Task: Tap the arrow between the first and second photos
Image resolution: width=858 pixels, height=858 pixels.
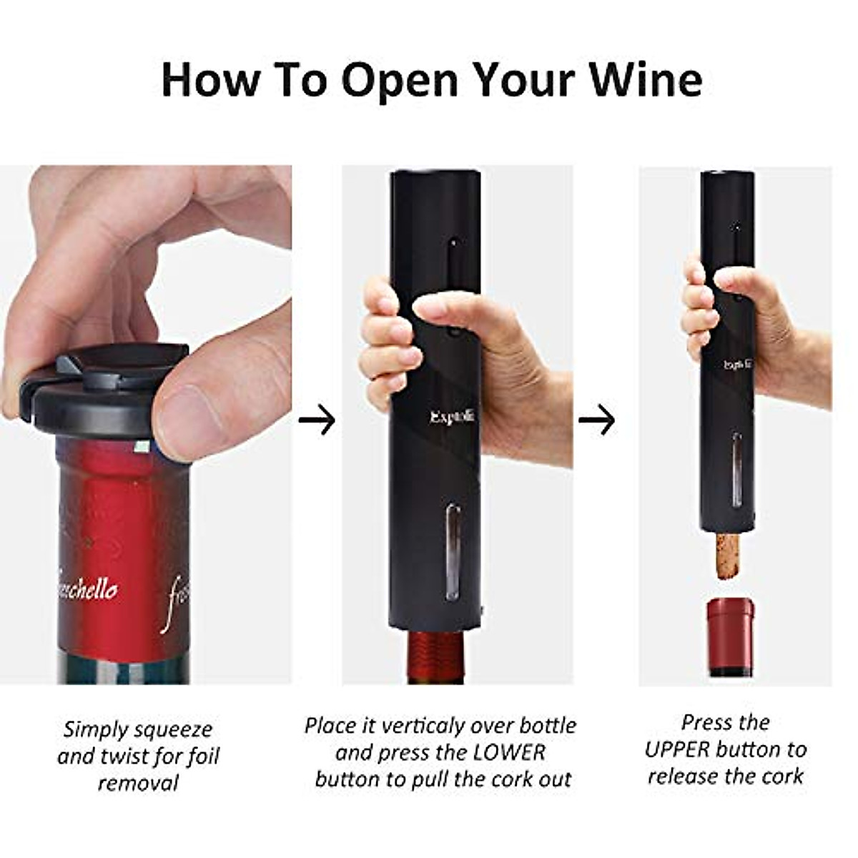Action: coord(317,420)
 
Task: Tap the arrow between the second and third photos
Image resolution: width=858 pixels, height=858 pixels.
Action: coord(596,420)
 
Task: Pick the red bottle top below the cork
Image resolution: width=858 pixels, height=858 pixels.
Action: coord(730,636)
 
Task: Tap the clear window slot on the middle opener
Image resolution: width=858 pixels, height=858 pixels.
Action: coord(453,551)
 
